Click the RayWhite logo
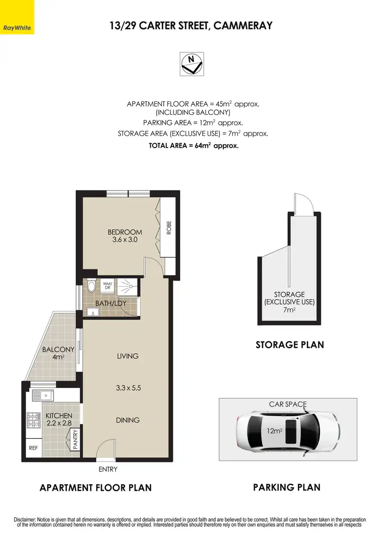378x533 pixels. [17, 17]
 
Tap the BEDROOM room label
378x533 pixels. [124, 232]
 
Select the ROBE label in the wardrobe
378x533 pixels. [169, 228]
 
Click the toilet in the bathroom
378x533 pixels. [91, 286]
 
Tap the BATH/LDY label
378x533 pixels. [110, 303]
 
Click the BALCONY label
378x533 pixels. [58, 350]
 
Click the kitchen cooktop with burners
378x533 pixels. [34, 418]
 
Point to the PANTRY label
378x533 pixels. [75, 439]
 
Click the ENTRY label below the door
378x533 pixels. [108, 469]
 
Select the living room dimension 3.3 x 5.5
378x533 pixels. [128, 388]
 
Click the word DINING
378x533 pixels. [128, 420]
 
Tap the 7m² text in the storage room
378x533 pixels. [289, 310]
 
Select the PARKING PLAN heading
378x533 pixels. [287, 487]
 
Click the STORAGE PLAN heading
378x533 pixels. [290, 345]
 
